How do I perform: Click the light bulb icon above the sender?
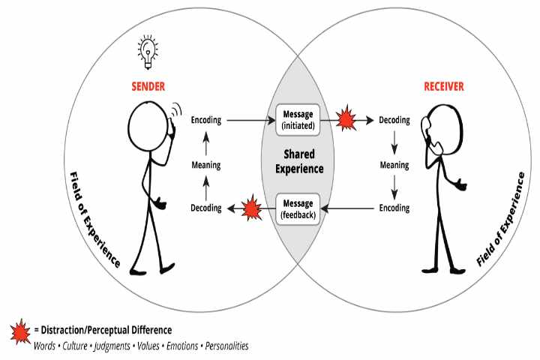click(x=146, y=49)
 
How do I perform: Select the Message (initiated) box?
click(x=298, y=119)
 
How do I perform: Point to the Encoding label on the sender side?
click(x=206, y=119)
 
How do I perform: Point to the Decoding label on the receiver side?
click(x=394, y=119)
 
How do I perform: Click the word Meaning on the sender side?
click(x=205, y=164)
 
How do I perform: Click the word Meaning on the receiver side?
click(x=394, y=165)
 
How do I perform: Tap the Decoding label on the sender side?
click(x=205, y=208)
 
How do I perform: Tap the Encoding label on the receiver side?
click(x=394, y=208)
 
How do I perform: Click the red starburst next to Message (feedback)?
click(x=250, y=208)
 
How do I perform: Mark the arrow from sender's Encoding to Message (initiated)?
click(x=247, y=119)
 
